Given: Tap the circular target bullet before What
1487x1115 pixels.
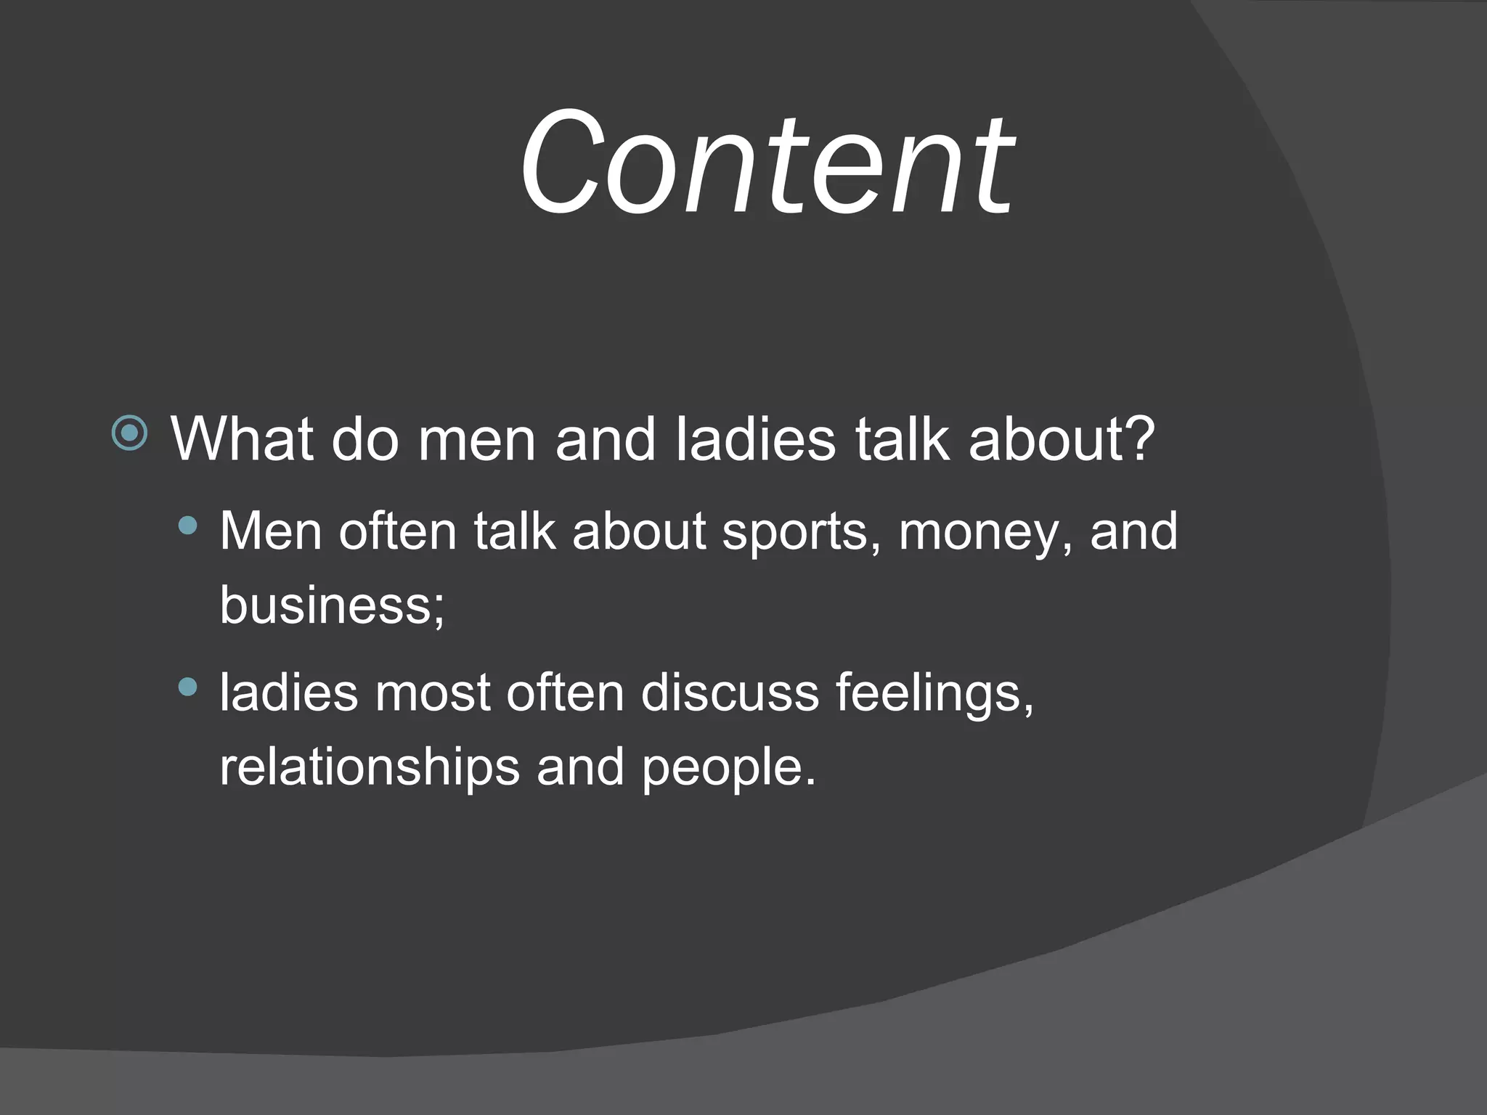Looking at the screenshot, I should pyautogui.click(x=130, y=433).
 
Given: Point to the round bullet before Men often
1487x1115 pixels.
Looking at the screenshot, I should pyautogui.click(x=187, y=526).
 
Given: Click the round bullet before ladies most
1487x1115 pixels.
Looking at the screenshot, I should pyautogui.click(x=187, y=687).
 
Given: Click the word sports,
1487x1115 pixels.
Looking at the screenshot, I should pyautogui.click(x=802, y=532).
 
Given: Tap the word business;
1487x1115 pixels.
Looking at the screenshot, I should pyautogui.click(x=332, y=605).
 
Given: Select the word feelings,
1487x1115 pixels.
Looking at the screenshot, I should pyautogui.click(x=934, y=693).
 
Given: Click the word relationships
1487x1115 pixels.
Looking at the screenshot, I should pyautogui.click(x=370, y=767).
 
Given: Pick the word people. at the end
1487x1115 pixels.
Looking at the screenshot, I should pyautogui.click(x=728, y=767).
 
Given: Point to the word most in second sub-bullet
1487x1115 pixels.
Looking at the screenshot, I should pyautogui.click(x=433, y=693).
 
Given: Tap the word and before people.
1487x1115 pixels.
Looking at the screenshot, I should pyautogui.click(x=580, y=767).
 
